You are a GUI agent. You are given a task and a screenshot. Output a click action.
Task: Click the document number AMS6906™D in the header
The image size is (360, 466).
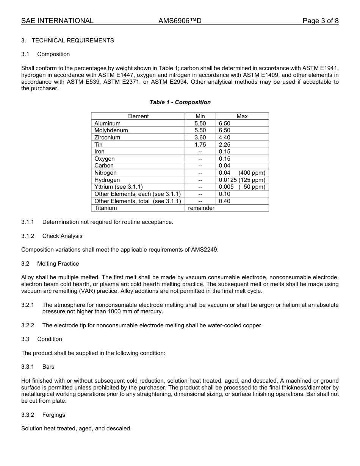coord(180,21)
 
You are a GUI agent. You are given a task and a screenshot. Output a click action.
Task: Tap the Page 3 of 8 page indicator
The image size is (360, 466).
coord(320,21)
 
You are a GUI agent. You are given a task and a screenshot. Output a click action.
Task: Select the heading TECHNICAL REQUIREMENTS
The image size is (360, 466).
coord(73,41)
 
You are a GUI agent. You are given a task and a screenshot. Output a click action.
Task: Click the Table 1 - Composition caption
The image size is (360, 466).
coord(180,102)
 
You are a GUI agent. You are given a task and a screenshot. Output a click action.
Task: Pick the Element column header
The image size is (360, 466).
coord(138,116)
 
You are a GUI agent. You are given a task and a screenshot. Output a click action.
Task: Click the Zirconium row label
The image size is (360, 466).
coord(107,138)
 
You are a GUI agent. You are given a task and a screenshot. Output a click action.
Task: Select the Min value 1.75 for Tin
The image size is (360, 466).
coord(200,145)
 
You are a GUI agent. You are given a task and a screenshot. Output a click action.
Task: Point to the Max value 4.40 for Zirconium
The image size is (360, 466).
coord(224,138)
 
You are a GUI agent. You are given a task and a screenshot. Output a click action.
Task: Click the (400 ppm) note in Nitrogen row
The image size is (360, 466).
coord(252,173)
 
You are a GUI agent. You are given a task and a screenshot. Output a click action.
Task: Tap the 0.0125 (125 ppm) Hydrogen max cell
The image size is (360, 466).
coord(242,180)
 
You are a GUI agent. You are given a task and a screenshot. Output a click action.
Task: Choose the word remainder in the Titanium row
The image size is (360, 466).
coord(201,208)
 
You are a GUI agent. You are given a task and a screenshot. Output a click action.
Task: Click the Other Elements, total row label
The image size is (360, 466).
coord(138,201)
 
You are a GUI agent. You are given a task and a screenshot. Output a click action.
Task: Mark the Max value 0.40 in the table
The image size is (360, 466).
coord(224,201)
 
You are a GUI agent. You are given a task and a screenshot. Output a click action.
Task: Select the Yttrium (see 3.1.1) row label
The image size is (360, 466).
coord(119,187)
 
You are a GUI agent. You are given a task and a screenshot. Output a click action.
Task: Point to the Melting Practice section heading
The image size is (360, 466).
coord(58,264)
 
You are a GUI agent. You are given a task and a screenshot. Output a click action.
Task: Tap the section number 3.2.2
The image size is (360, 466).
coord(28,325)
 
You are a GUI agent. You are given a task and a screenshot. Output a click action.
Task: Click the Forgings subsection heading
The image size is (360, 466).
coord(54,415)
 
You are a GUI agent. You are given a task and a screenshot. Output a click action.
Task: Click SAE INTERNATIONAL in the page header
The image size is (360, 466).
coord(57,21)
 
